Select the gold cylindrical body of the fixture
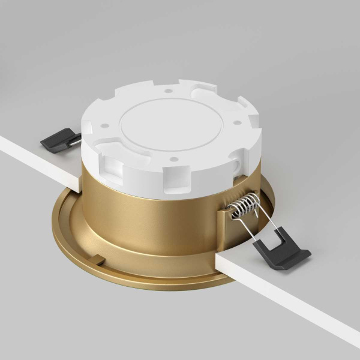pyautogui.click(x=150, y=222)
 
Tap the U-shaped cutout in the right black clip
pyautogui.click(x=277, y=243)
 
